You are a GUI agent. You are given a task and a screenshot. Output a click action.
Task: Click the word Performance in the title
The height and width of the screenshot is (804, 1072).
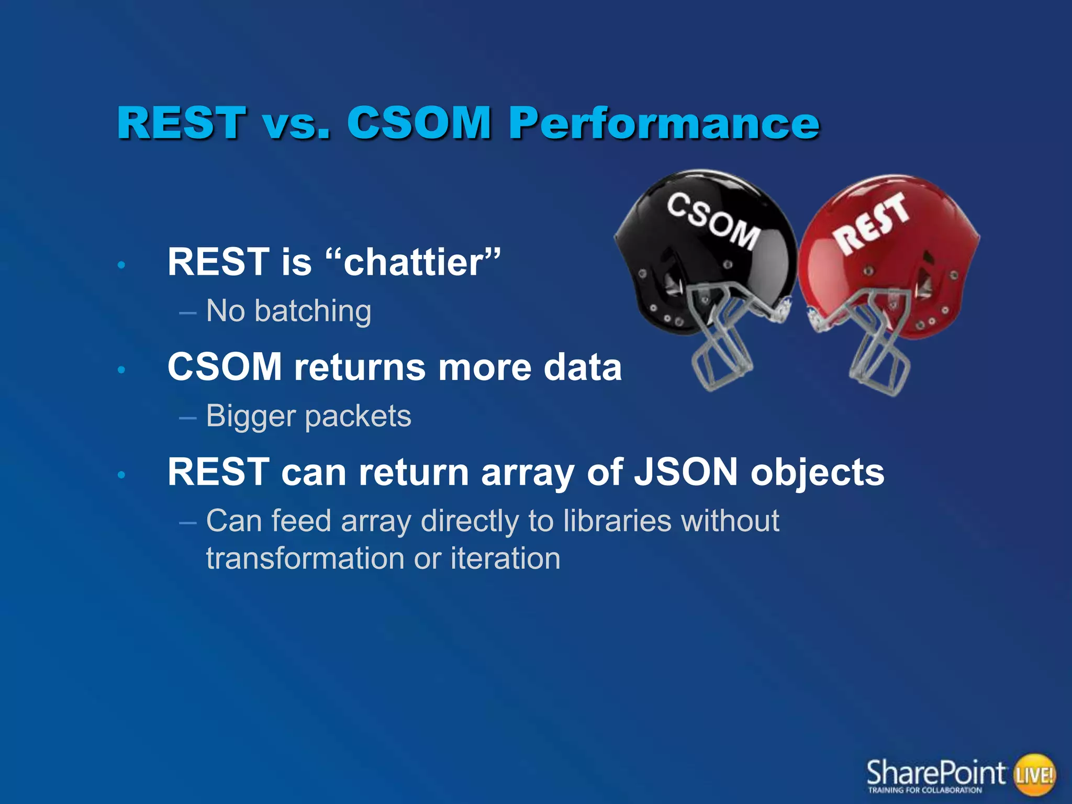[664, 124]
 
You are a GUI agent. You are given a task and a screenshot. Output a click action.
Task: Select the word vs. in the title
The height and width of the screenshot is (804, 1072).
[296, 124]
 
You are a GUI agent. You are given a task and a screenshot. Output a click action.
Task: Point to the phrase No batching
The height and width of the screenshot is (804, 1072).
[288, 311]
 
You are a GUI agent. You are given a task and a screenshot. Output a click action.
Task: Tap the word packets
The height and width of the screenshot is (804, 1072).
[358, 417]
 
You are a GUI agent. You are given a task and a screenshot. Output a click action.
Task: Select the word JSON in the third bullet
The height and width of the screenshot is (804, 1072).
[686, 472]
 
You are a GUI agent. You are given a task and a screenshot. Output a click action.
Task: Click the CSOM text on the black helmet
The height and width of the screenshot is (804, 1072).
[713, 220]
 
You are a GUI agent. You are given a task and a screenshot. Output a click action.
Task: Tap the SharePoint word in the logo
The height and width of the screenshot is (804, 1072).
[935, 772]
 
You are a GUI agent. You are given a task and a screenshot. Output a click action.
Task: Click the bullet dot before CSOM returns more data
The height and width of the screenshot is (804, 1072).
[121, 370]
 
